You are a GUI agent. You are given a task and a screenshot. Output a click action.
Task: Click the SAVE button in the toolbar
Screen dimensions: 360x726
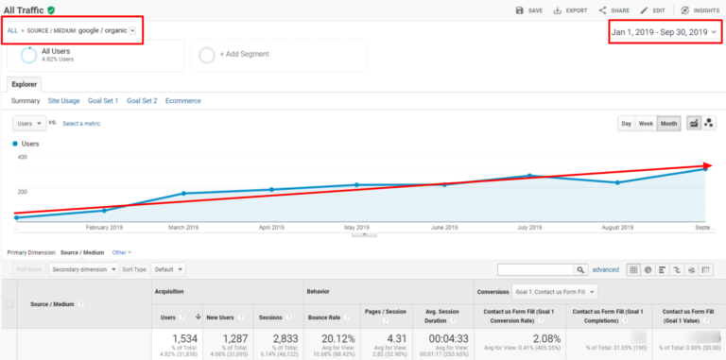click(528, 10)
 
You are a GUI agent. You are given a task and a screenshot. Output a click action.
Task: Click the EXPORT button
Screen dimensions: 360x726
click(569, 10)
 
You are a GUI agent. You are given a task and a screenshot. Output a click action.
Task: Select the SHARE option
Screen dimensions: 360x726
click(614, 10)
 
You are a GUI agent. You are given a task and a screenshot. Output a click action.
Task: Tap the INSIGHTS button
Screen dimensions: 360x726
click(699, 10)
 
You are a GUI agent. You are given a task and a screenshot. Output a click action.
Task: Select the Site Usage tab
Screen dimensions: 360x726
click(63, 101)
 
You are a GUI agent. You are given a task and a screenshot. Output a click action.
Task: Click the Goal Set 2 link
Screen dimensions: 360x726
click(142, 101)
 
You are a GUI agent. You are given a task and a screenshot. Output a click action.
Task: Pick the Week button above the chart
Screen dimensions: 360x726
click(646, 124)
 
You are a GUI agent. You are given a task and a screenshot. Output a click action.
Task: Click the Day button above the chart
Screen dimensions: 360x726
click(626, 124)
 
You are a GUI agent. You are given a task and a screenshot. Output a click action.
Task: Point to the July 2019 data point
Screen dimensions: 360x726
click(530, 176)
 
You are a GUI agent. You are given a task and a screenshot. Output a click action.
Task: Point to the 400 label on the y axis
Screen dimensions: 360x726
click(21, 157)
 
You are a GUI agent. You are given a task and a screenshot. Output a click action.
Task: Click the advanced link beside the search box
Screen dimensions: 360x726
click(605, 270)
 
